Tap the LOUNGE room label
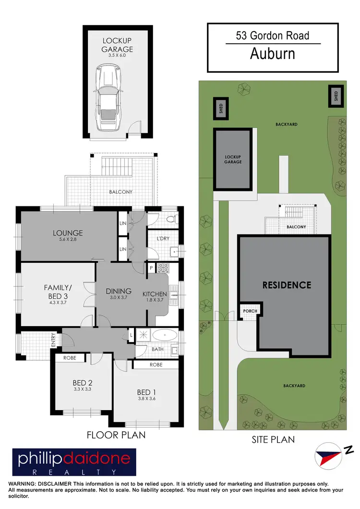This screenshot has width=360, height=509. (x=68, y=233)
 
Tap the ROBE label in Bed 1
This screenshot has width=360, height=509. (x=156, y=365)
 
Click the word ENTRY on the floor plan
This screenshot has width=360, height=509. (x=53, y=340)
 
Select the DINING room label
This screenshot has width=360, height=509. (x=119, y=291)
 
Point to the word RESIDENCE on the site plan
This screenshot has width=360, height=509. (x=287, y=285)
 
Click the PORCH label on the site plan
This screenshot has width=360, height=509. (x=250, y=311)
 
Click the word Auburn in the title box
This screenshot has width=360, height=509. (x=273, y=54)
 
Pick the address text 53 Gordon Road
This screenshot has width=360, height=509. (x=273, y=35)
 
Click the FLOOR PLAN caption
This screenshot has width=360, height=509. (x=116, y=435)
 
